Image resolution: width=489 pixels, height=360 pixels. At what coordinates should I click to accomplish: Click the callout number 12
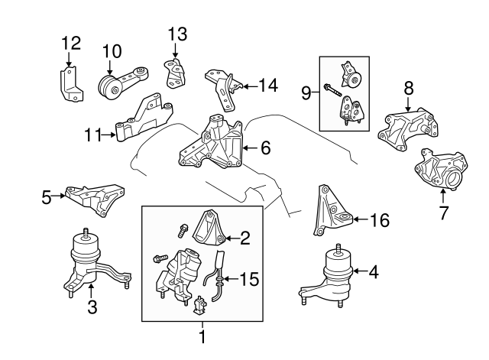click(70, 41)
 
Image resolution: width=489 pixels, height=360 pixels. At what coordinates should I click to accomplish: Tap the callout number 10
click(112, 50)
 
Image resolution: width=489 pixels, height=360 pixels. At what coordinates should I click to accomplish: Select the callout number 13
click(177, 34)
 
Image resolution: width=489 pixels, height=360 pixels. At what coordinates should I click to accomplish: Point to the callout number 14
click(267, 86)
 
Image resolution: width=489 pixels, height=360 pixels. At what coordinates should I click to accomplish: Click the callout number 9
click(306, 94)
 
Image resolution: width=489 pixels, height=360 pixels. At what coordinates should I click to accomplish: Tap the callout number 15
click(250, 280)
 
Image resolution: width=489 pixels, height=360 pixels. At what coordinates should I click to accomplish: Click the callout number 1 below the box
click(202, 336)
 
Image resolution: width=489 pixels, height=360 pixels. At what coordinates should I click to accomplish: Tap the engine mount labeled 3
click(90, 264)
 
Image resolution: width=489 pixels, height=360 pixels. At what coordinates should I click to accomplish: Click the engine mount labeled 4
click(333, 275)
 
